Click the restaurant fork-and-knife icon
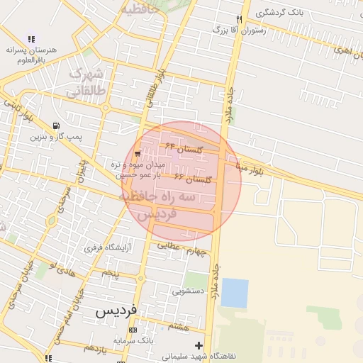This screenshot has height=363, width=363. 240,19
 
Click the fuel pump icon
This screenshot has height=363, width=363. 56,125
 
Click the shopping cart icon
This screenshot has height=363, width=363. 137,153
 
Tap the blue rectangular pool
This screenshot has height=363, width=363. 235,293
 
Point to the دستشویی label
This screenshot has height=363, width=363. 188,291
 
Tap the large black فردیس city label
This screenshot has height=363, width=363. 116,311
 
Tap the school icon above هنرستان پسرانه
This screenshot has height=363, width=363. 31,39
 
